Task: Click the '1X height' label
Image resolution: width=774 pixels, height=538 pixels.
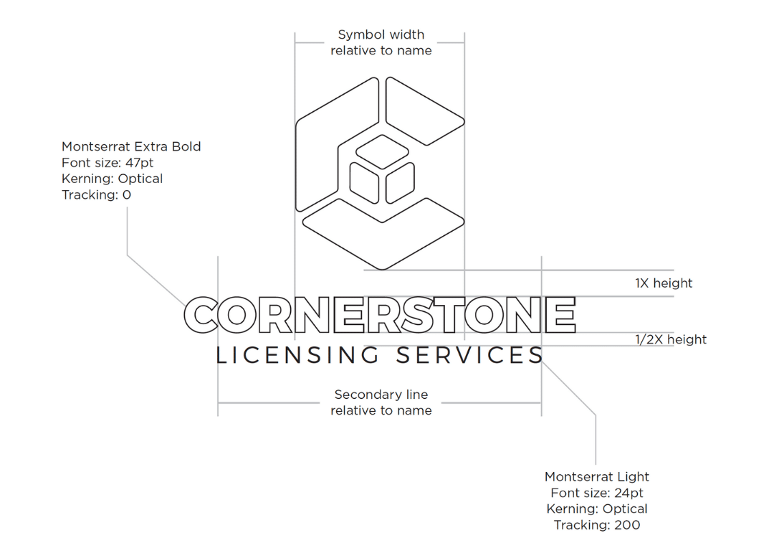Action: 664,283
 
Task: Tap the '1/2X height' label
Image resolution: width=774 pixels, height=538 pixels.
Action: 671,339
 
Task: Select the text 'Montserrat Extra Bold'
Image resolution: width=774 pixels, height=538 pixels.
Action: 131,147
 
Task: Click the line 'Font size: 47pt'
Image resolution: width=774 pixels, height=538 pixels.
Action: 107,163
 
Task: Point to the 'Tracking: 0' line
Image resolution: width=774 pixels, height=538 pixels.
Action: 96,194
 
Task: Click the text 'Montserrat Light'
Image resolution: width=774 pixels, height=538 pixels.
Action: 597,477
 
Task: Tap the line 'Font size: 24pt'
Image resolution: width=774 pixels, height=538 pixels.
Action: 597,493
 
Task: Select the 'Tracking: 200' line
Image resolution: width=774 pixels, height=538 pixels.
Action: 597,524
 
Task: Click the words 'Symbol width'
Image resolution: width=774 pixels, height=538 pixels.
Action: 381,35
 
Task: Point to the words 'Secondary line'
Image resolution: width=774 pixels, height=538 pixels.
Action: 381,395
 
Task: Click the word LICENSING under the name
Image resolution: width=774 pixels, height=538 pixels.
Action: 297,355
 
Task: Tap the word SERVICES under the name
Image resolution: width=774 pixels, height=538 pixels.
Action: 470,355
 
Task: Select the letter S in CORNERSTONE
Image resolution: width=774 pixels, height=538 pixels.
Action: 419,315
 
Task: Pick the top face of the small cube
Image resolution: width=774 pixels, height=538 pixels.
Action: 382,151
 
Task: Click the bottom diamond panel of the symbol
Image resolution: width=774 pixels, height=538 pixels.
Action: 383,235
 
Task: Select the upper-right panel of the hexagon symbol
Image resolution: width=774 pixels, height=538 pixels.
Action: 424,110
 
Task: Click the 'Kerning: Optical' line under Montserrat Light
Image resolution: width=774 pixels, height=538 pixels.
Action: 597,509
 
